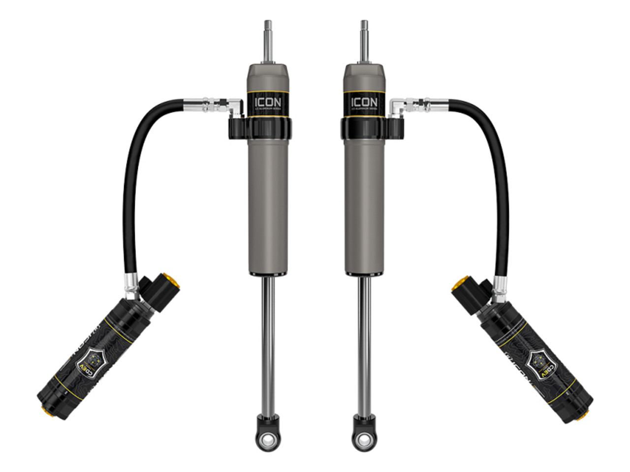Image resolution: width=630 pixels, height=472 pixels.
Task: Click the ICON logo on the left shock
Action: pos(268,102)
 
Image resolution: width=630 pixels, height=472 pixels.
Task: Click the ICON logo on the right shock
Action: pos(364,102)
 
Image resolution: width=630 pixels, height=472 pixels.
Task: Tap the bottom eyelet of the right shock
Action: pos(364,437)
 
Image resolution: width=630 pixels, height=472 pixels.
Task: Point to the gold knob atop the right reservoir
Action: pos(458,284)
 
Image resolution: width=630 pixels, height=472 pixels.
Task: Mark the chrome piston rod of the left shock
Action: pos(268,344)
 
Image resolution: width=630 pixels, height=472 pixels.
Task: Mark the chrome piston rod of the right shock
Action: pos(364,344)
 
